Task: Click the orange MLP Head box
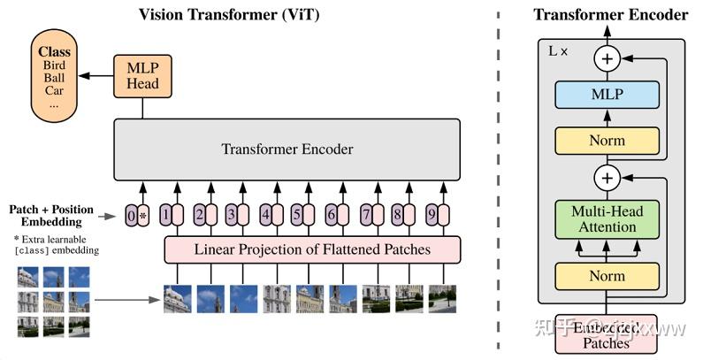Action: [x=141, y=75]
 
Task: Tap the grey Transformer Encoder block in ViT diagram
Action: [x=287, y=149]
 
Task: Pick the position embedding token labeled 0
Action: [x=132, y=215]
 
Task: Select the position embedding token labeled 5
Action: [x=297, y=215]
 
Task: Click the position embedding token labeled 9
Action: [x=432, y=215]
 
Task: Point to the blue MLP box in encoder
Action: [x=607, y=95]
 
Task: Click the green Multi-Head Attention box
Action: [x=607, y=219]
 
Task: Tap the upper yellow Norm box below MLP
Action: [x=607, y=140]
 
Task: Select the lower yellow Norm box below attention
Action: [x=607, y=276]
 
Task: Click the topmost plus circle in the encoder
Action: [x=607, y=59]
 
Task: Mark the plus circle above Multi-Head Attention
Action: [x=607, y=178]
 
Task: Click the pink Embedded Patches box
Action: [x=607, y=335]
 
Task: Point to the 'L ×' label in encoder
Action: [x=559, y=52]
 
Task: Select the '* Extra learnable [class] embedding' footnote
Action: [x=55, y=245]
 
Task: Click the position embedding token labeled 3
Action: [x=232, y=215]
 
